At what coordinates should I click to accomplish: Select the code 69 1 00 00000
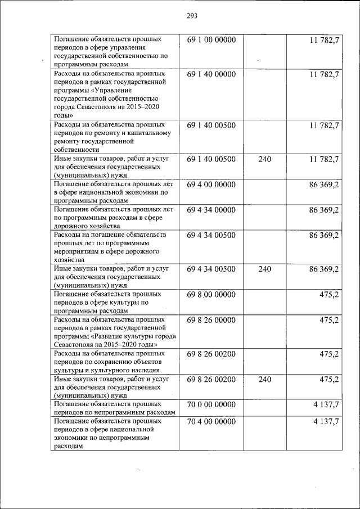click(211, 40)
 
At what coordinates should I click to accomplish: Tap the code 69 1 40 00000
click(211, 74)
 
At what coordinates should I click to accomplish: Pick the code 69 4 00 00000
click(211, 184)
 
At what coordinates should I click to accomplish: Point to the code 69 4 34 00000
click(211, 210)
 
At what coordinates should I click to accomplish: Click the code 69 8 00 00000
click(211, 294)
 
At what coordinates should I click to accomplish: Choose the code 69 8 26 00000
click(211, 319)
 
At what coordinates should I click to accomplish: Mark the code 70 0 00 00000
click(211, 404)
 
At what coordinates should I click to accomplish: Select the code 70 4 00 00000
click(211, 421)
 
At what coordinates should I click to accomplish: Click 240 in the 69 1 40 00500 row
click(264, 160)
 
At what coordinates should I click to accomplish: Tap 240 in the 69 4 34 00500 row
click(264, 269)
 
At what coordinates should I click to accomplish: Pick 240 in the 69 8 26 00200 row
click(264, 380)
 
